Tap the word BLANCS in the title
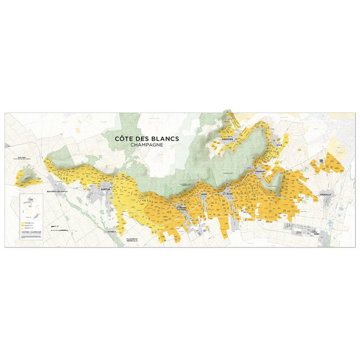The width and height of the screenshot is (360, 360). click(164, 138)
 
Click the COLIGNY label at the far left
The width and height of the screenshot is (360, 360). click(22, 159)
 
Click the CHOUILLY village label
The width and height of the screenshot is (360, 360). click(326, 194)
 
